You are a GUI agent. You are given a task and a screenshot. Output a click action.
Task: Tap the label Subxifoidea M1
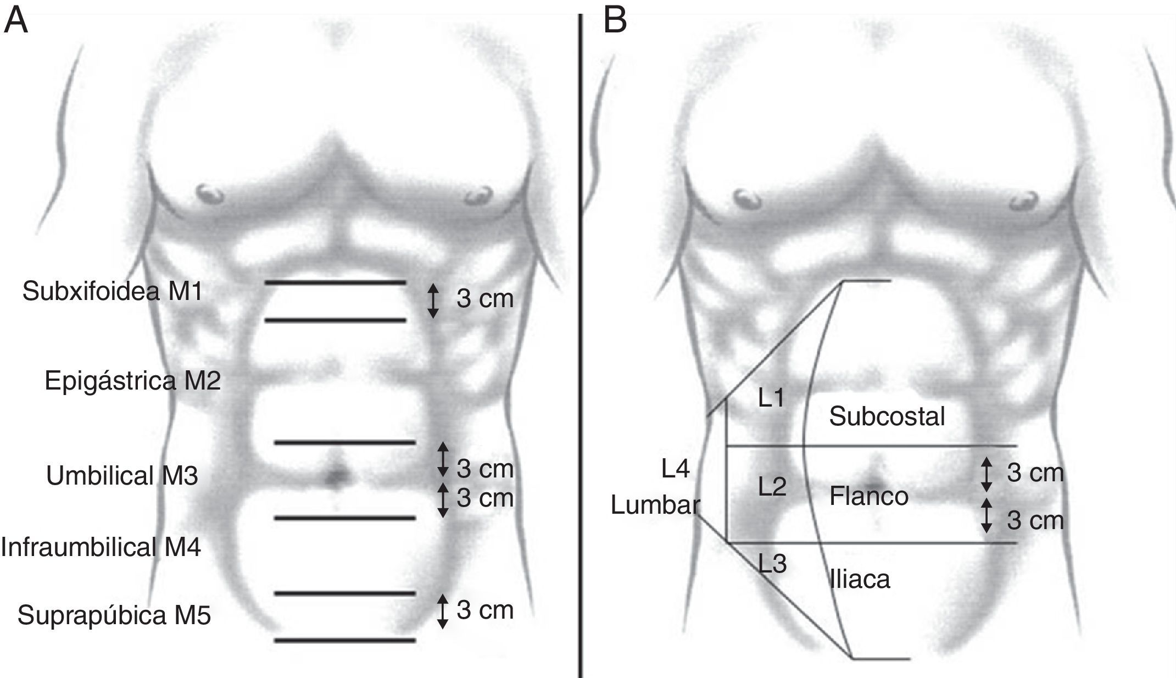112,291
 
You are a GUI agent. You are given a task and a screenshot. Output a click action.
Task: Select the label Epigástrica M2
132,380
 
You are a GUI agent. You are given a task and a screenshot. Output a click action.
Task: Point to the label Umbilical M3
122,476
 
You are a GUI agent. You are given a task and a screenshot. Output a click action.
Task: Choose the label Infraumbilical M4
101,547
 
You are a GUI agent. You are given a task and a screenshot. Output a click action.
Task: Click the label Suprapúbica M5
114,615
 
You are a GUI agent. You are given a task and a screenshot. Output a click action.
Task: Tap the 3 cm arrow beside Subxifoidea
433,300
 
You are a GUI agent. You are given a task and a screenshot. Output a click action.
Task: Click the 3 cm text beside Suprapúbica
484,610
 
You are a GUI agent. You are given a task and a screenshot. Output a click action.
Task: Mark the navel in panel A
336,476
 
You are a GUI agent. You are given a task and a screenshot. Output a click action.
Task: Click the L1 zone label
771,398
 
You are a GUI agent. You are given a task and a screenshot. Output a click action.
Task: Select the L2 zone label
772,487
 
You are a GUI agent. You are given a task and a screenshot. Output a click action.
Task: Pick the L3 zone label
772,564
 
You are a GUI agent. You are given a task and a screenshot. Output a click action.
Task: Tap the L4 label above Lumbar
675,469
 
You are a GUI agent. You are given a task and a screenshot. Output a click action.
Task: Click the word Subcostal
887,416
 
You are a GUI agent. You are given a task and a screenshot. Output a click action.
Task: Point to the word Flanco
868,497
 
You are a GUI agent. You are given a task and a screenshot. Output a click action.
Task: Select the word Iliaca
860,580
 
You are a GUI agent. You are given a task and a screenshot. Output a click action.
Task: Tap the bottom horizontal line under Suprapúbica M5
345,640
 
